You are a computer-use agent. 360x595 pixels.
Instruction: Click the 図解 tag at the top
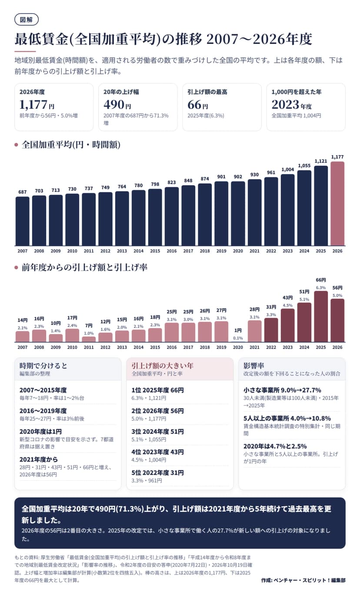[26, 20]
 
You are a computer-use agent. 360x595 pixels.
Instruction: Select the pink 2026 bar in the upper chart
[337, 204]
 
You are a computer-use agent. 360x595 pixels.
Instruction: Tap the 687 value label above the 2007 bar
[23, 192]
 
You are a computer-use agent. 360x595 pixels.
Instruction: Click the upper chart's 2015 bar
[155, 217]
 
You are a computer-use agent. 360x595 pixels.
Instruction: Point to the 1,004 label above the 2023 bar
[287, 170]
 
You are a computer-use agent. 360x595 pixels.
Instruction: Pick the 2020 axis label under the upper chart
[238, 251]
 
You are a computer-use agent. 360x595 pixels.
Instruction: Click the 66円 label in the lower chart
[321, 280]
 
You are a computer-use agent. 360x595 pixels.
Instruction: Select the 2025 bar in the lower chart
[321, 316]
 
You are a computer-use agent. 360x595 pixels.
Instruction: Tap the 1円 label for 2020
[238, 331]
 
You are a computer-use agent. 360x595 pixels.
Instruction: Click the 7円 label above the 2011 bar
[89, 326]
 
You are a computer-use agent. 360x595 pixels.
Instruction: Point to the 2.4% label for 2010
[72, 325]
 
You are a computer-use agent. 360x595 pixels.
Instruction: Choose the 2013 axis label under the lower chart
[122, 347]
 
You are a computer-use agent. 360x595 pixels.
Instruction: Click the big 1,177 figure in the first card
[33, 104]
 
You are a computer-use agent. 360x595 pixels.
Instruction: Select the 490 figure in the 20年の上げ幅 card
[114, 104]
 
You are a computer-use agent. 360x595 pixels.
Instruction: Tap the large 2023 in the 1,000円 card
[285, 104]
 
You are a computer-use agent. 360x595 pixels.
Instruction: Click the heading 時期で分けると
[43, 365]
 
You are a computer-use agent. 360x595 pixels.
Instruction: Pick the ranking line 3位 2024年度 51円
[157, 431]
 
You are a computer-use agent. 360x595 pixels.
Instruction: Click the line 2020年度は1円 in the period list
[40, 431]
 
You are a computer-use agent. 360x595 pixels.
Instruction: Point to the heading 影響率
[254, 365]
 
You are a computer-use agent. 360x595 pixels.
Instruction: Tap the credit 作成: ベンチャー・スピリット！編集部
[303, 580]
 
